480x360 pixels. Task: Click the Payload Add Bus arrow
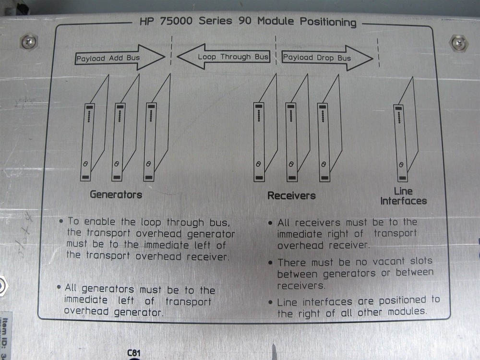(x=120, y=58)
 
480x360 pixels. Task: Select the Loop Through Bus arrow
(x=224, y=56)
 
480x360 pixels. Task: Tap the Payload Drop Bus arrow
(x=327, y=58)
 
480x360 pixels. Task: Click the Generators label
(x=116, y=195)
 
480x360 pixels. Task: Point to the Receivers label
(x=291, y=196)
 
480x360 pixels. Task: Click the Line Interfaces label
(x=404, y=196)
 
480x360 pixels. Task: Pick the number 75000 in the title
(x=176, y=21)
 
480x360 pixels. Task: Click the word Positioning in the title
(x=328, y=22)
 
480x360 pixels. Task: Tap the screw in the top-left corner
(x=29, y=42)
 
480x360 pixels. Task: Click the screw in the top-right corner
(x=458, y=43)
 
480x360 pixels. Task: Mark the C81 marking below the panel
(x=134, y=353)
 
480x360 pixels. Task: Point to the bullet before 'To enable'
(x=61, y=221)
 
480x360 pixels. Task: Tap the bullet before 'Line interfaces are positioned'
(x=270, y=302)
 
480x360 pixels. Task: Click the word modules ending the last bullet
(x=407, y=312)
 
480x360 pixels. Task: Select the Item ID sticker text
(x=6, y=336)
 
